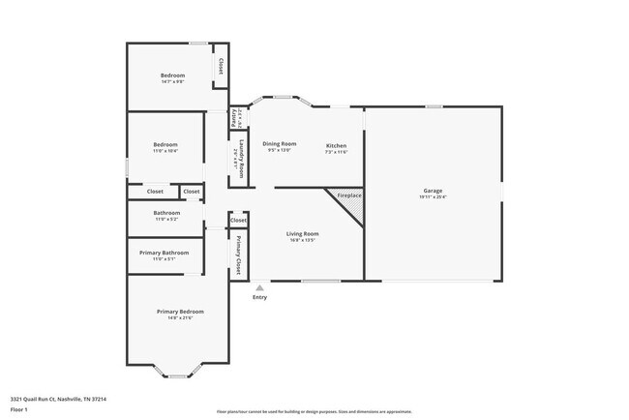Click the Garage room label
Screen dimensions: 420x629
pos(433,191)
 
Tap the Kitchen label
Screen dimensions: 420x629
pos(336,145)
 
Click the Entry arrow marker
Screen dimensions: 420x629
pos(259,287)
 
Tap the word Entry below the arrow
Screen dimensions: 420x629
pos(259,297)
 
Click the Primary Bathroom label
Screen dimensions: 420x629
pos(164,253)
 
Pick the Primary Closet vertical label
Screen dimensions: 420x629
pos(237,254)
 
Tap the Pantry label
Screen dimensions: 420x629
pos(235,117)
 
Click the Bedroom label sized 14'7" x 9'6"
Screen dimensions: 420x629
pos(172,75)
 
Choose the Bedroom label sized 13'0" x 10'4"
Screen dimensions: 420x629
pos(165,144)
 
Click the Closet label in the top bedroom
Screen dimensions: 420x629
pos(221,66)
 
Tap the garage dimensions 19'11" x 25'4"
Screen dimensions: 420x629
pos(433,197)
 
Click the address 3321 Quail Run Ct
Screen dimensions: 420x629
pos(58,399)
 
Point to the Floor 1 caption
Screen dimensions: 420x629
pos(19,409)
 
